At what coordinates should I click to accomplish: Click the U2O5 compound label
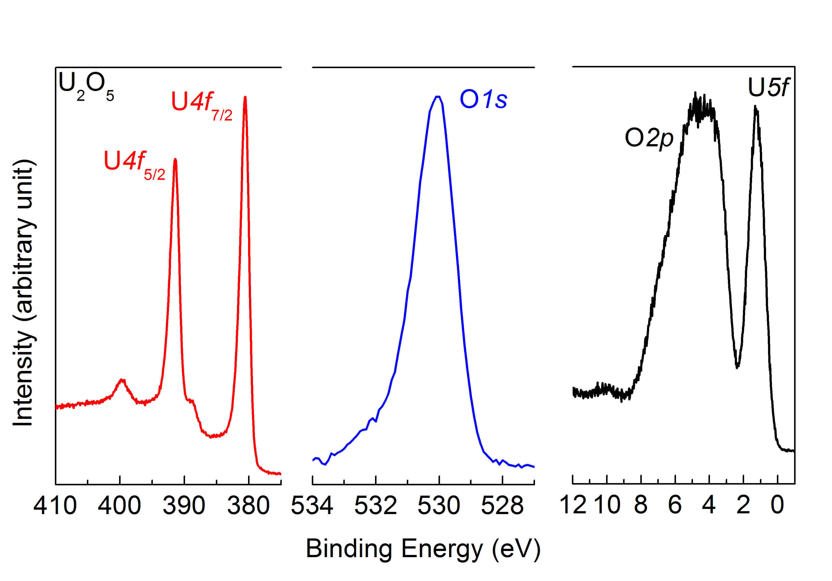point(86,86)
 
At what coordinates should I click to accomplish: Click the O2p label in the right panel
point(649,138)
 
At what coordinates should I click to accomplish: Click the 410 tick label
point(55,506)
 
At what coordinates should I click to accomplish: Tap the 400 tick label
point(120,506)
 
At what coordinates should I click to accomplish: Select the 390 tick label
point(184,506)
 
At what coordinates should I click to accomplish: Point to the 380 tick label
point(249,506)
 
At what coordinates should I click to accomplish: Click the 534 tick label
point(312,506)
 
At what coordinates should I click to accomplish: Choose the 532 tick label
point(376,506)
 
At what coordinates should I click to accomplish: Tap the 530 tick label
point(439,506)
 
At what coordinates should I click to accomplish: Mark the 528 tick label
point(502,506)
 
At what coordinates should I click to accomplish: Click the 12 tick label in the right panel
point(573,505)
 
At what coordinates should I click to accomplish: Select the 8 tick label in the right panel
point(641,505)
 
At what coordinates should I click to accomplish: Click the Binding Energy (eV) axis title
point(423,549)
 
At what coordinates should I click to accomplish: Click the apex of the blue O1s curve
point(438,96)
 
